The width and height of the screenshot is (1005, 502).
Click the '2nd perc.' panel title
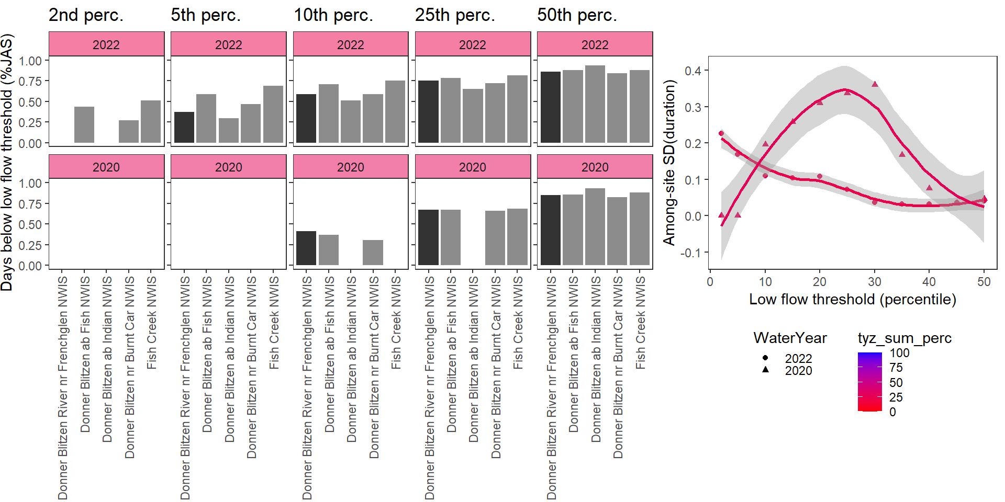(x=86, y=15)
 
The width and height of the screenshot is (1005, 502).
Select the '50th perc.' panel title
(x=577, y=15)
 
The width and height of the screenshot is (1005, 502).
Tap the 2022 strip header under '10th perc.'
(x=350, y=44)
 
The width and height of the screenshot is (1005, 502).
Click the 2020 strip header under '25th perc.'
(x=472, y=167)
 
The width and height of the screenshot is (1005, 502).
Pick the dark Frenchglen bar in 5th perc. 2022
(x=184, y=127)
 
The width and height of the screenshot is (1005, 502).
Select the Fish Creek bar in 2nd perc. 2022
(x=151, y=121)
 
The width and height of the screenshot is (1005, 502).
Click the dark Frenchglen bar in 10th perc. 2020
(x=306, y=248)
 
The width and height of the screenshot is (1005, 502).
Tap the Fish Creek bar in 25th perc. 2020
(x=517, y=236)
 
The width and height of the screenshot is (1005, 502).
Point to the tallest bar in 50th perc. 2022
(x=595, y=104)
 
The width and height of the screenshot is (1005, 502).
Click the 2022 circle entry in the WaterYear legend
(x=765, y=358)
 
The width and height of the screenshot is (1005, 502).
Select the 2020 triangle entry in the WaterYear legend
(x=765, y=370)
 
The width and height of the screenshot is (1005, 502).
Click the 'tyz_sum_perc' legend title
(x=904, y=338)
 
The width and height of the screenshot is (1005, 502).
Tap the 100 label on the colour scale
(x=899, y=353)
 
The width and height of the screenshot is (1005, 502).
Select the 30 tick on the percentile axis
(x=875, y=282)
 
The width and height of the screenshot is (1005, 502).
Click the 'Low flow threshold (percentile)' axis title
(x=852, y=299)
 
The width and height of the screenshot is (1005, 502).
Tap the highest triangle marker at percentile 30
(x=875, y=84)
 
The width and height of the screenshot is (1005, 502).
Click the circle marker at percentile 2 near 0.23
(x=721, y=133)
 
